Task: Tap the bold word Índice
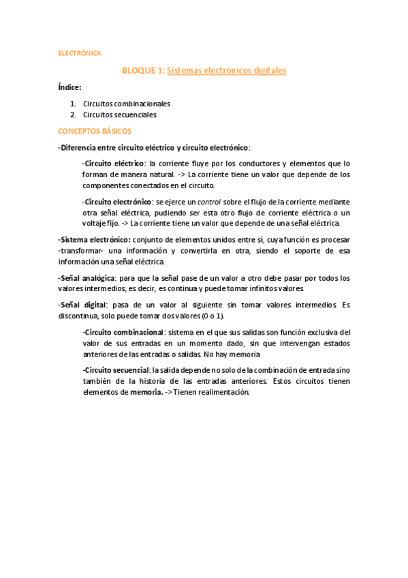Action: coord(70,87)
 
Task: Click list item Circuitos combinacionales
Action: coord(127,104)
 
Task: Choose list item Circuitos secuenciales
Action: coord(120,115)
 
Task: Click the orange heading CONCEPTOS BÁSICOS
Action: coord(95,131)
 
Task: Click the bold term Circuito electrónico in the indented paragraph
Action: coord(117,202)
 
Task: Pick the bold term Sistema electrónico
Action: coord(95,240)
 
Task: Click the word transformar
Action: coord(84,251)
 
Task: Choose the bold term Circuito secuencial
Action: coord(116,371)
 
